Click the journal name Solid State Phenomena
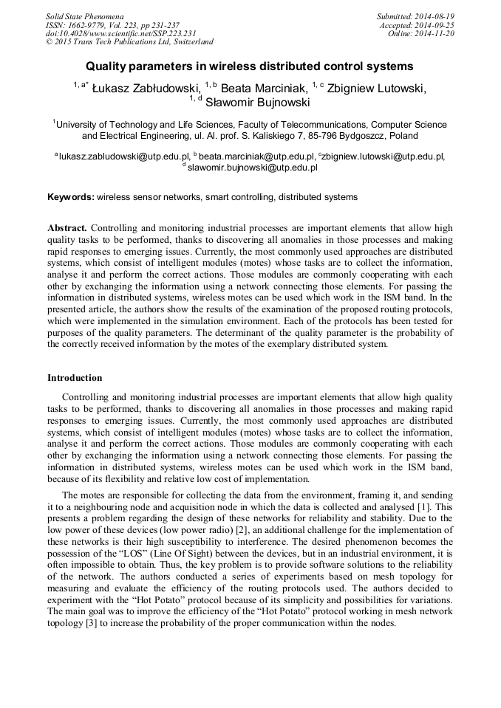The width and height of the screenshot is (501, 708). click(84, 16)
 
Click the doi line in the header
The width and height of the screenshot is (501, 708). click(120, 34)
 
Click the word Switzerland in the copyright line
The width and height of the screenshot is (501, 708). click(186, 43)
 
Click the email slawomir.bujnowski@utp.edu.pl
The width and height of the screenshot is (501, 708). click(252, 168)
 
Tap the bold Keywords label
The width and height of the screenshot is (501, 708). click(70, 197)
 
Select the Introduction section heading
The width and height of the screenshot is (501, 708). click(75, 378)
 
